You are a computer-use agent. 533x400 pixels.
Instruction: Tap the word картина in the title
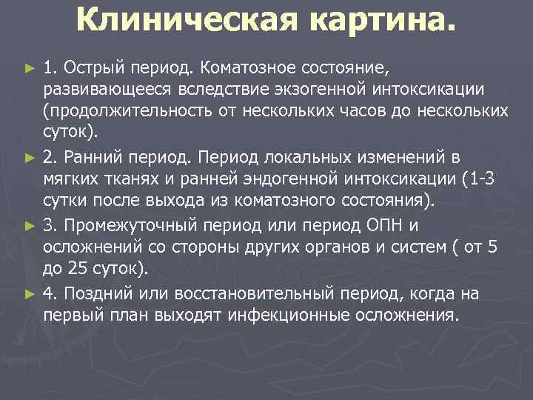coord(378,21)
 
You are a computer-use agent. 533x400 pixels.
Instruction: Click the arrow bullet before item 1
coord(30,69)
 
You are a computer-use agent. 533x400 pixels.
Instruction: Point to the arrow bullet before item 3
coord(30,224)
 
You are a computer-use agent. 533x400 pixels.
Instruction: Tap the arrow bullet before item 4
coord(30,293)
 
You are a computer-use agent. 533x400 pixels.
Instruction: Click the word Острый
coord(93,69)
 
